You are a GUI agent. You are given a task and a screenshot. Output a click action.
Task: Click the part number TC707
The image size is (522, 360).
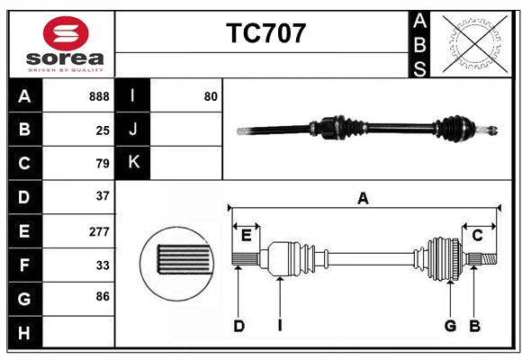[265, 33]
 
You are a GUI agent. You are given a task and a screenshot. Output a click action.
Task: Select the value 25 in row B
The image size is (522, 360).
[103, 130]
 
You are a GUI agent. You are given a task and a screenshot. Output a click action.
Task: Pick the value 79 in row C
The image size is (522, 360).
[103, 164]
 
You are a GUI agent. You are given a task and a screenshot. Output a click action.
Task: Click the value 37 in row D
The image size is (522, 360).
[103, 196]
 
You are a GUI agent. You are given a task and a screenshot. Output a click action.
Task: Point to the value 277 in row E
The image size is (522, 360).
[99, 231]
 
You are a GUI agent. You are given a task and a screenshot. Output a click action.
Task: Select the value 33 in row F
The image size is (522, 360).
[103, 265]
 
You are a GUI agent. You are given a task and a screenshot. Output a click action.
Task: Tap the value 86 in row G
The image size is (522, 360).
[103, 296]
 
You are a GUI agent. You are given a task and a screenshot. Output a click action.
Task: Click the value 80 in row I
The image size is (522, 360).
[211, 96]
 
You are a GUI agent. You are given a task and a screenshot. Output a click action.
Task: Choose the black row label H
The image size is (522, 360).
[24, 333]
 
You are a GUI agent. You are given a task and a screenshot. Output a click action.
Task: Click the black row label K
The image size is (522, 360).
[132, 163]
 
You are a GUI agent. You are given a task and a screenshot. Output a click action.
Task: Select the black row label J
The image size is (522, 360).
[132, 130]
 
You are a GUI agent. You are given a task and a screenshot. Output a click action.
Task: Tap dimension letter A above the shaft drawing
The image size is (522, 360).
[363, 198]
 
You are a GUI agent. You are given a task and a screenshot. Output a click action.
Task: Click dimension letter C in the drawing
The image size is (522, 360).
[478, 235]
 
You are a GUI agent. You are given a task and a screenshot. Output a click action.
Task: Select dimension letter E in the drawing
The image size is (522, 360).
[246, 235]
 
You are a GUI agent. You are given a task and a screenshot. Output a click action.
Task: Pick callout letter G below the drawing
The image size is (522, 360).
[449, 326]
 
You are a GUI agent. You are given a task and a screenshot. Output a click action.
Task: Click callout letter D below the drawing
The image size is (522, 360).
[239, 326]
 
